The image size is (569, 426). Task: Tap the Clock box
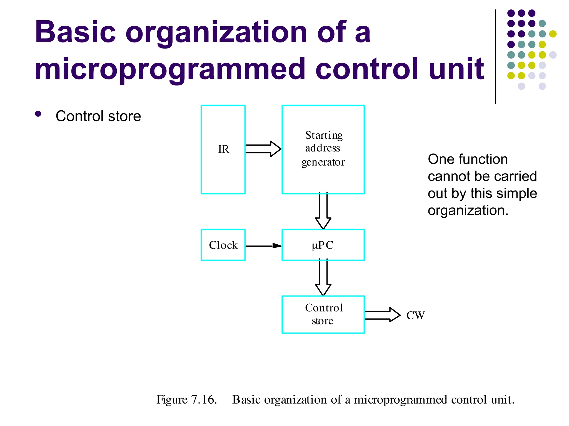click(223, 245)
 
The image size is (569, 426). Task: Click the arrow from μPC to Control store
click(323, 278)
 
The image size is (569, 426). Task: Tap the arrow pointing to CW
click(382, 315)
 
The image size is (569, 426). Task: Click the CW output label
click(415, 315)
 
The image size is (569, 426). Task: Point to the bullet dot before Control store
click(38, 114)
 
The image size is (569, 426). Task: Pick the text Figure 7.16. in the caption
click(186, 400)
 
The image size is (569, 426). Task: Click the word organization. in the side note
click(468, 211)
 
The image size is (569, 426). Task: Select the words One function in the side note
click(468, 159)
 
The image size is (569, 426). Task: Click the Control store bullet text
click(98, 116)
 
